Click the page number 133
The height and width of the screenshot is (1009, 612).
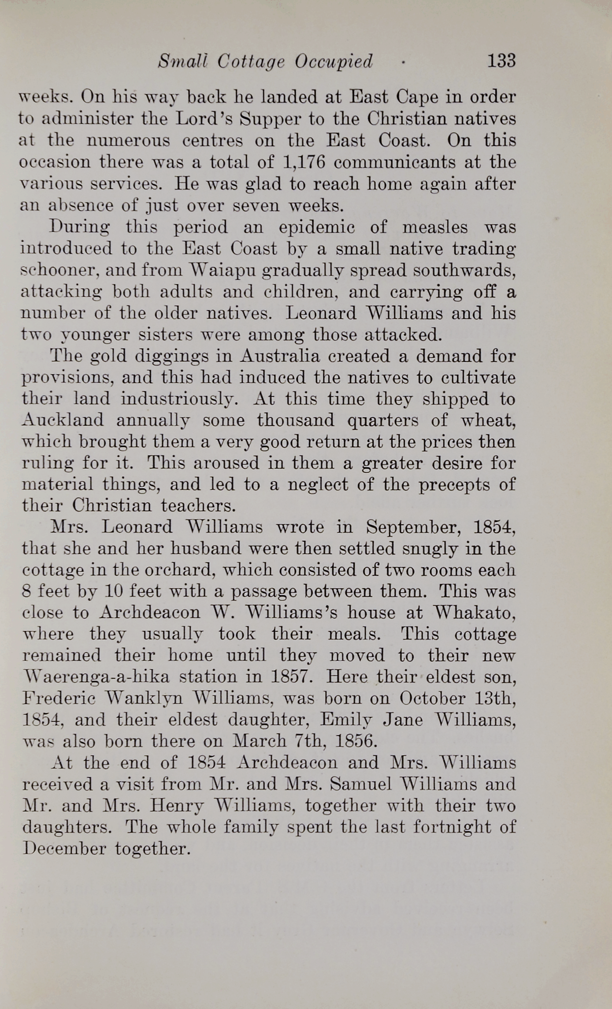(501, 60)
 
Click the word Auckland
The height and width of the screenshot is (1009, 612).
(63, 420)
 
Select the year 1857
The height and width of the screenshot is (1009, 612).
(288, 677)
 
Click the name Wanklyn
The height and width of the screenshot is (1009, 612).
(146, 698)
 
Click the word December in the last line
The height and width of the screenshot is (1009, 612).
(64, 849)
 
